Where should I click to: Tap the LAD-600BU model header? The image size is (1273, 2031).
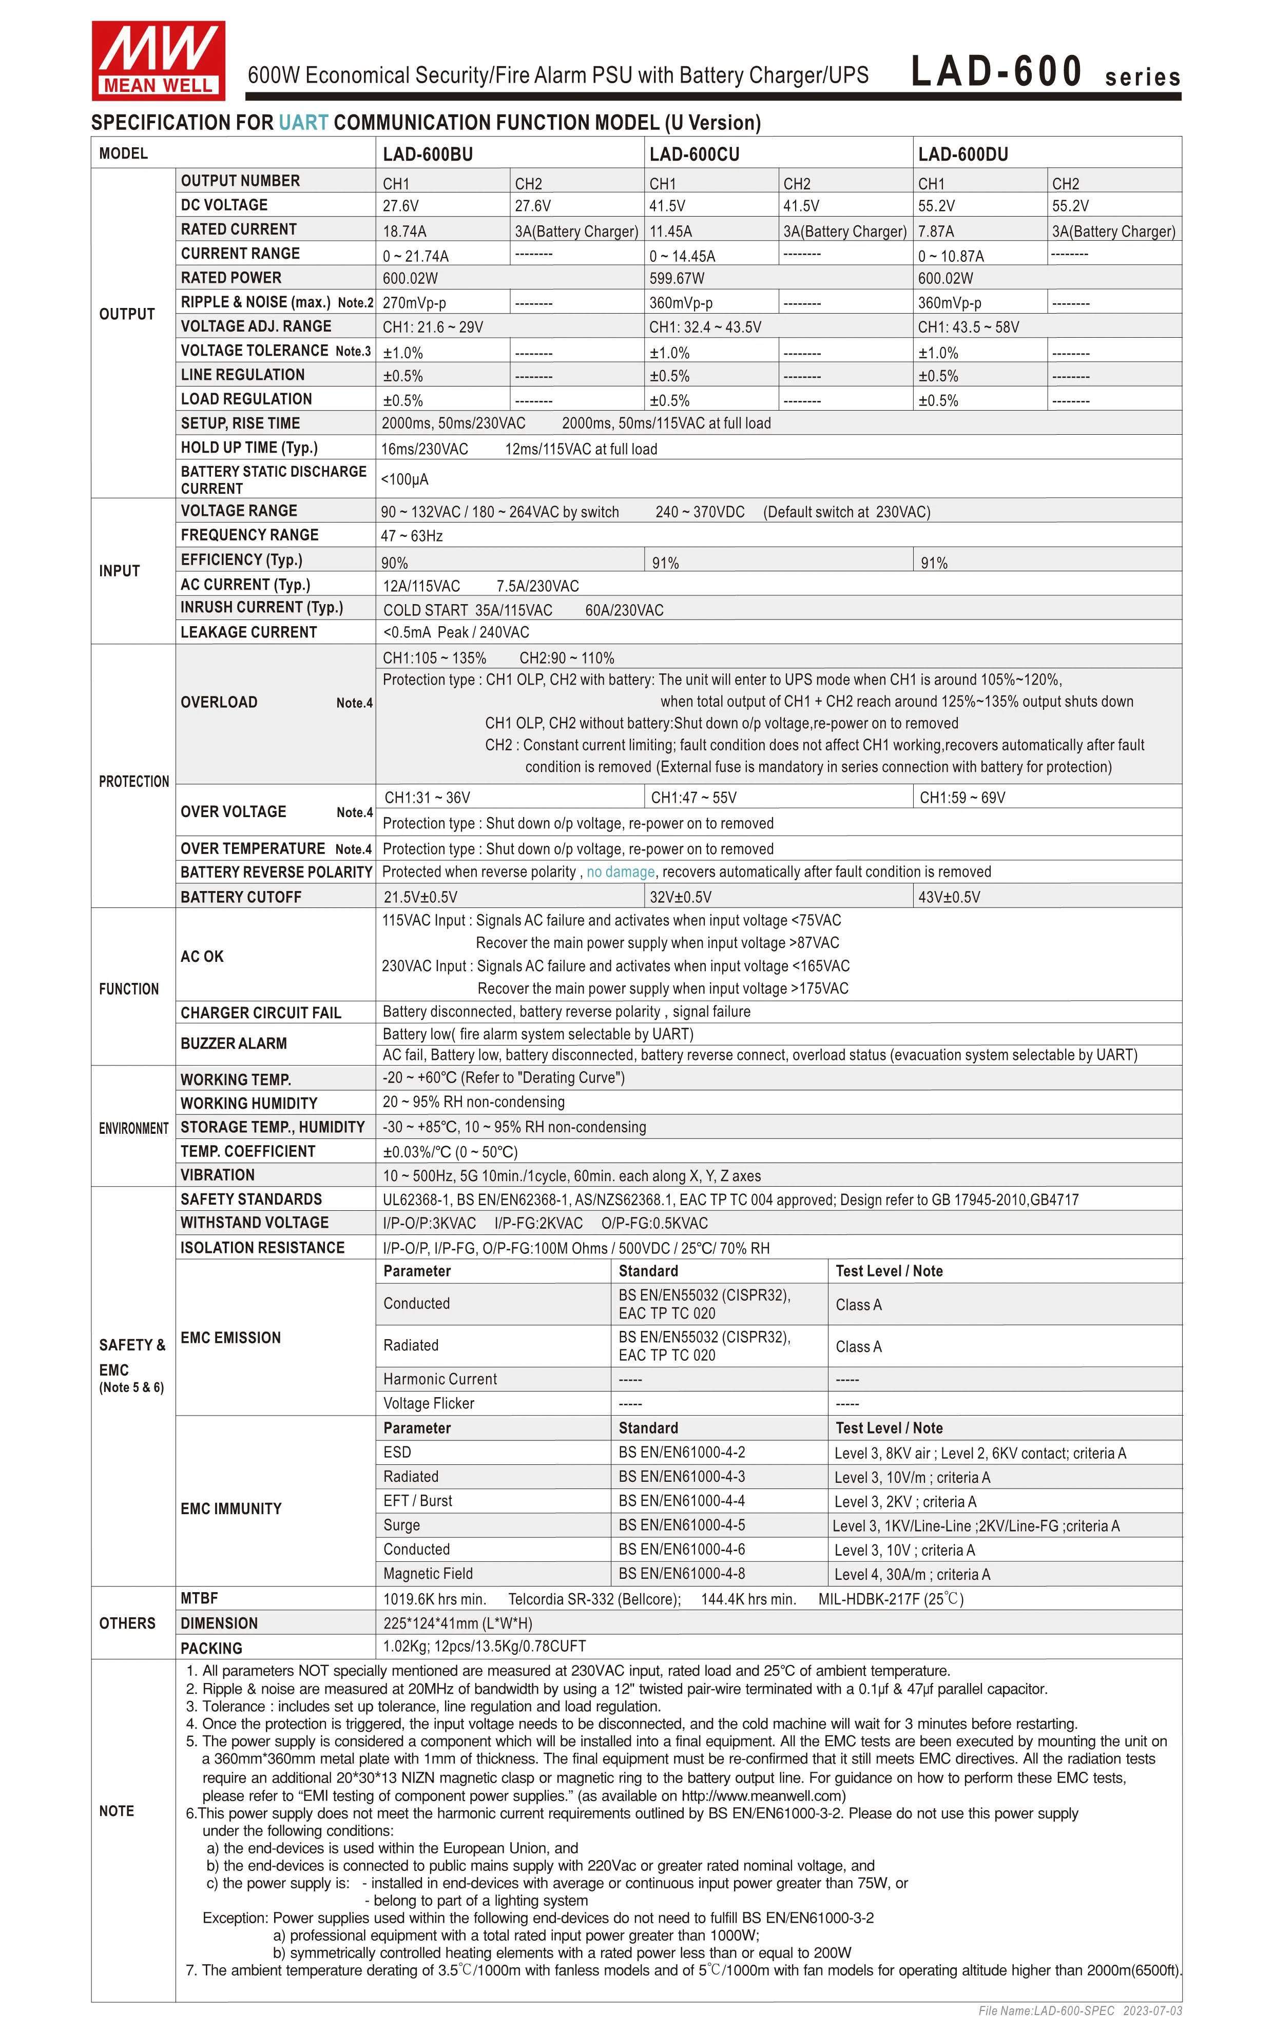tap(428, 154)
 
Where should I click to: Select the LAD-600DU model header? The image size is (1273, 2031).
tap(962, 154)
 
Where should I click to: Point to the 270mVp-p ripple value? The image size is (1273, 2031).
tap(414, 303)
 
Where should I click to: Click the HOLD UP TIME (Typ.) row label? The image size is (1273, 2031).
tap(249, 448)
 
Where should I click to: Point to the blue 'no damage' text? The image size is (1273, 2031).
tap(621, 872)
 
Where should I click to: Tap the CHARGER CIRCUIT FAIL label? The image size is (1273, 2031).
tap(261, 1013)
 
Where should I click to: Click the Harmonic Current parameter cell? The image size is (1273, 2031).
tap(440, 1379)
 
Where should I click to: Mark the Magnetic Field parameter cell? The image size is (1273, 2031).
tap(428, 1574)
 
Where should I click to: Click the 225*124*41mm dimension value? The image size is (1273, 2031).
tap(458, 1623)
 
